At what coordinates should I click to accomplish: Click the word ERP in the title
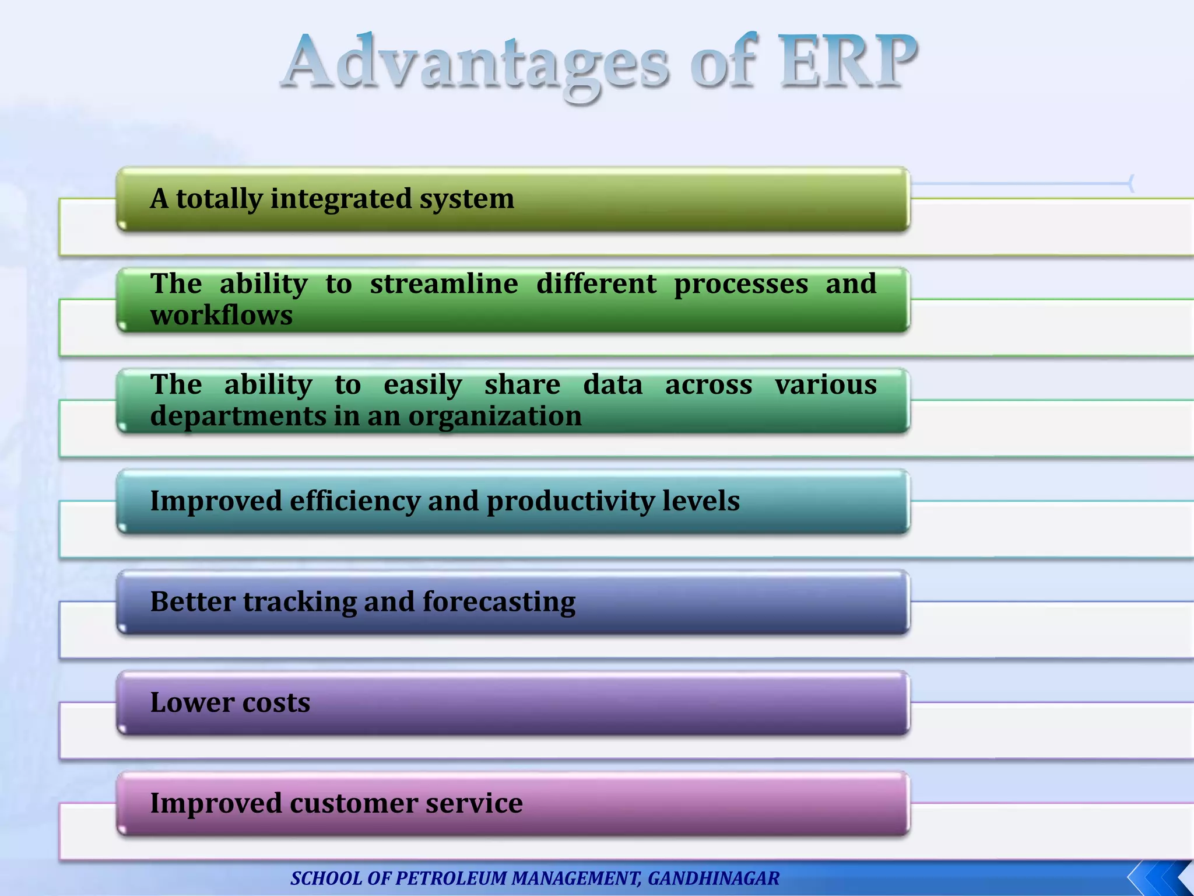tap(848, 61)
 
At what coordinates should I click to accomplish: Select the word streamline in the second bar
tap(444, 284)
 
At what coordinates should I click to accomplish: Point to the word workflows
tap(222, 316)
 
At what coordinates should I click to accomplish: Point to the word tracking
tap(300, 602)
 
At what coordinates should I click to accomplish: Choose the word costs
tap(276, 702)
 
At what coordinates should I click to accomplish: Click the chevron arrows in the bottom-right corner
tap(1160, 878)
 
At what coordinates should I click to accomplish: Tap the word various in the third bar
tap(826, 385)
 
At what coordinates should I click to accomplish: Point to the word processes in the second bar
tap(741, 284)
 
